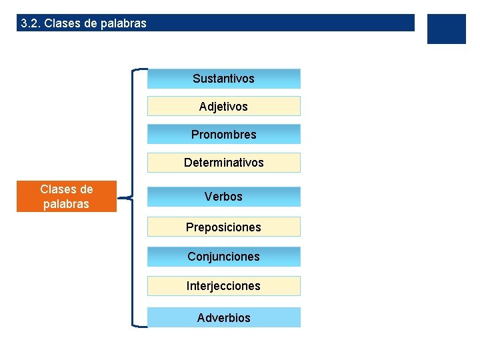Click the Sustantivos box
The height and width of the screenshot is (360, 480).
coord(223,79)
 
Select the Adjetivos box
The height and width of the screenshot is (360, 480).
coord(223,107)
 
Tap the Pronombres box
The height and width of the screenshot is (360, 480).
coord(223,135)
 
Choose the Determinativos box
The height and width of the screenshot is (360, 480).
coord(223,163)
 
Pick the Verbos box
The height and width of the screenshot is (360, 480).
coord(223,197)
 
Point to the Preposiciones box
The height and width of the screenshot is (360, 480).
coord(223,227)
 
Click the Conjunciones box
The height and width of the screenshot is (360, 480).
coord(223,257)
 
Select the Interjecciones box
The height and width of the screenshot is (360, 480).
coord(223,286)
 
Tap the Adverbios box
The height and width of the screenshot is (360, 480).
coord(223,318)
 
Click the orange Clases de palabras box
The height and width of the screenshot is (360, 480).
coord(66,197)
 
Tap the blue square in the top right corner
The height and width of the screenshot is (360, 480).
coord(446,29)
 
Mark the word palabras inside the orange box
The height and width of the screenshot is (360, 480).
coord(66,204)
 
